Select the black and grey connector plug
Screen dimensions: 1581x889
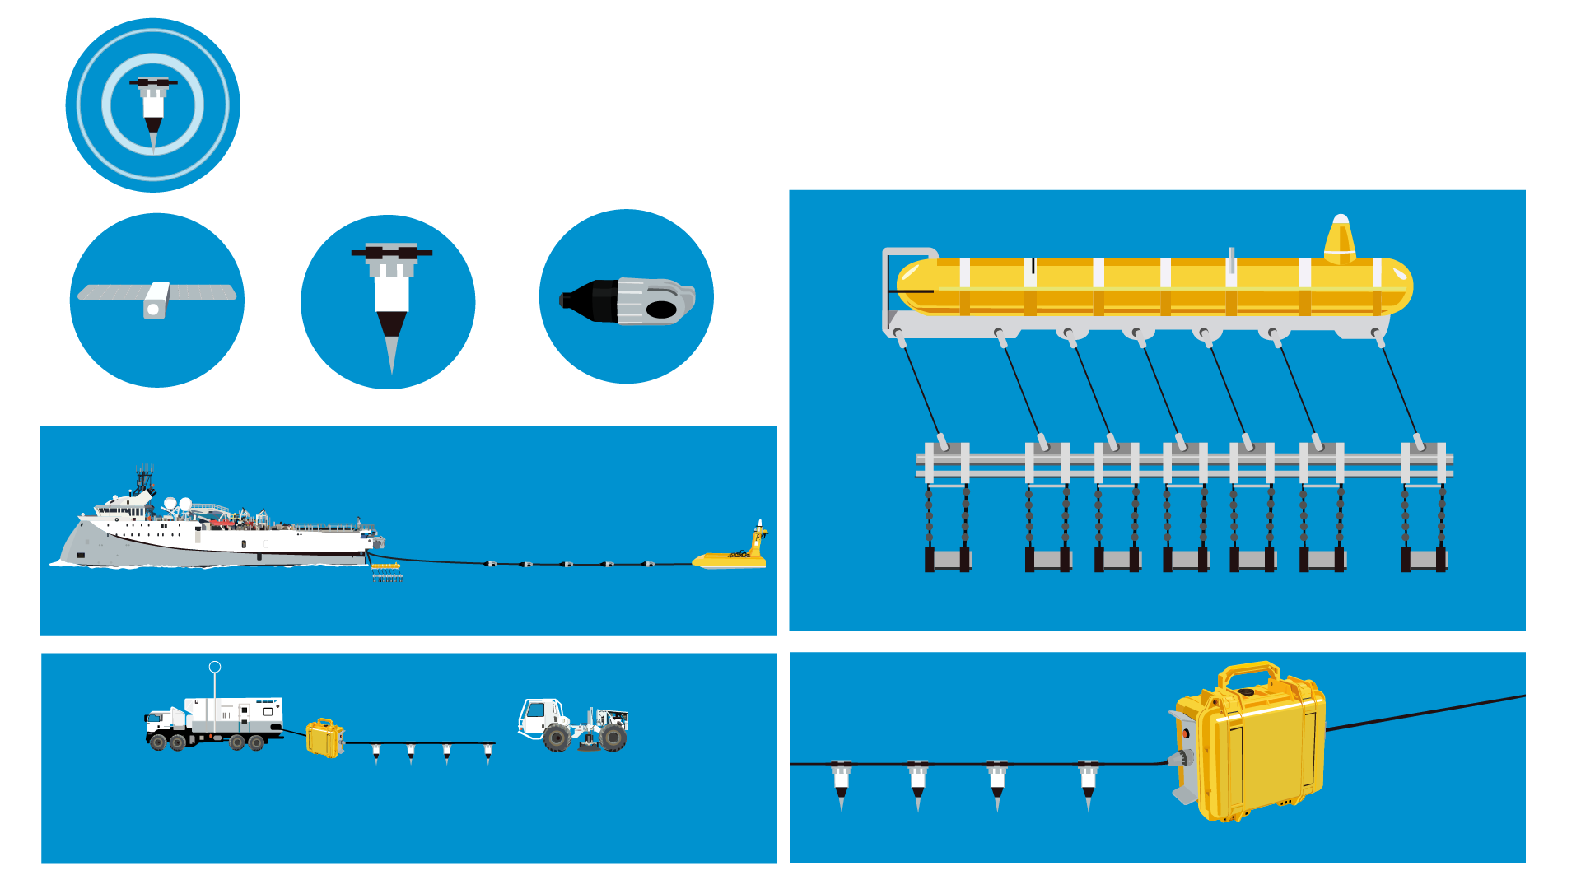(x=627, y=301)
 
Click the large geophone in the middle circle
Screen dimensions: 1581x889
(x=391, y=296)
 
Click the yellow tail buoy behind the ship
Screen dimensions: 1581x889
(x=733, y=556)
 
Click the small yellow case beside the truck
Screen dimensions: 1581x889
(x=324, y=738)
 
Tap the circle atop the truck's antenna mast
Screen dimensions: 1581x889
(x=215, y=667)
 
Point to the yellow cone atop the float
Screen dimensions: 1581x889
(x=1340, y=239)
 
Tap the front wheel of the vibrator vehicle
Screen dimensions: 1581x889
(x=557, y=738)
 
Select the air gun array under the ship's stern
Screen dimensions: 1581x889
(x=385, y=570)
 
